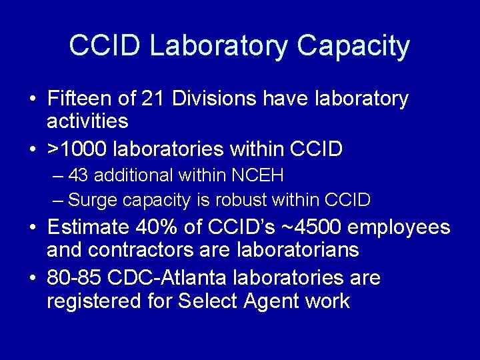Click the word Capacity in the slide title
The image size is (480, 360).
point(353,45)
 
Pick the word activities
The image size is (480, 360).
point(87,121)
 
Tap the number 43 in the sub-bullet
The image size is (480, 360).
point(78,175)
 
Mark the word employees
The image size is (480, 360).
point(399,227)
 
